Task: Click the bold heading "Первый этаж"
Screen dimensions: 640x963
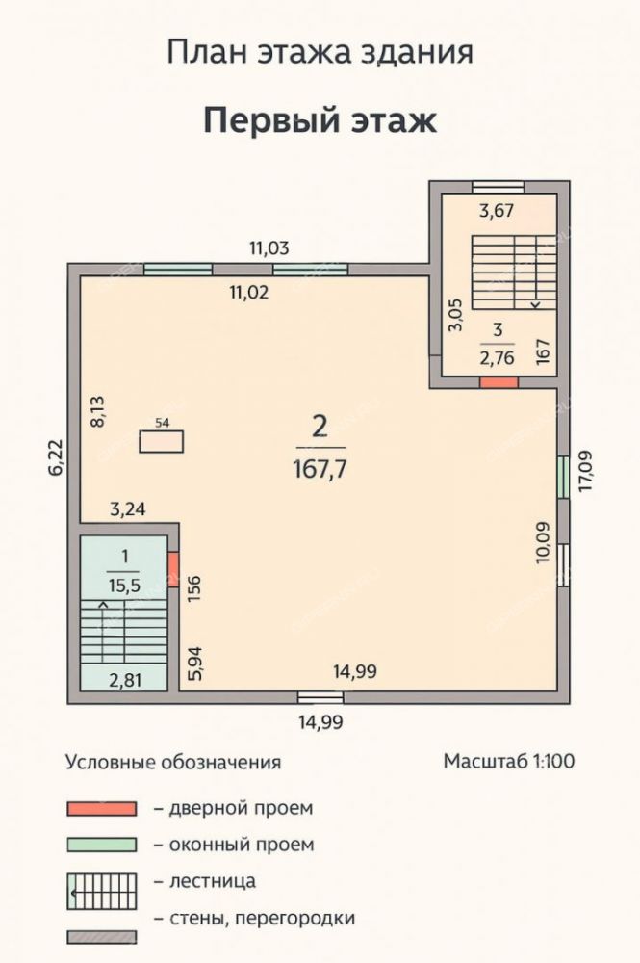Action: (320, 120)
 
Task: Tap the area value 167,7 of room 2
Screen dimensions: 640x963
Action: (320, 470)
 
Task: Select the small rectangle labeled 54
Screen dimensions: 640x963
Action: (162, 442)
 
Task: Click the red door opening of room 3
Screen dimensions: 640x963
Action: (499, 382)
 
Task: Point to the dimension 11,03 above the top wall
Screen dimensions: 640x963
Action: (269, 248)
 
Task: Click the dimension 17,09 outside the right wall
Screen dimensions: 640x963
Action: (587, 471)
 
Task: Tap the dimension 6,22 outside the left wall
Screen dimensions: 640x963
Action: (56, 456)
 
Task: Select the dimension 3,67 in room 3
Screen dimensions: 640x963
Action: (497, 211)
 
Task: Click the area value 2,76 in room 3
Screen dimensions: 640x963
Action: (497, 357)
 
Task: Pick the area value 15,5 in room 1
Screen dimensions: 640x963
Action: (124, 586)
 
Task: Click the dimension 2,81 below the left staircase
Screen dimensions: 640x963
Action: (125, 681)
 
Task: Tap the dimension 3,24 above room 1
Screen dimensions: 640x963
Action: (128, 509)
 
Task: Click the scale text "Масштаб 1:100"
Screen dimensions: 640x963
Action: (509, 761)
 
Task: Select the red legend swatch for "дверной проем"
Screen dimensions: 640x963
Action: (102, 809)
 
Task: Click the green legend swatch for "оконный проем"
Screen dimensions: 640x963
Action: (102, 846)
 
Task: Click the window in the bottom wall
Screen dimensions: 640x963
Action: (320, 697)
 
